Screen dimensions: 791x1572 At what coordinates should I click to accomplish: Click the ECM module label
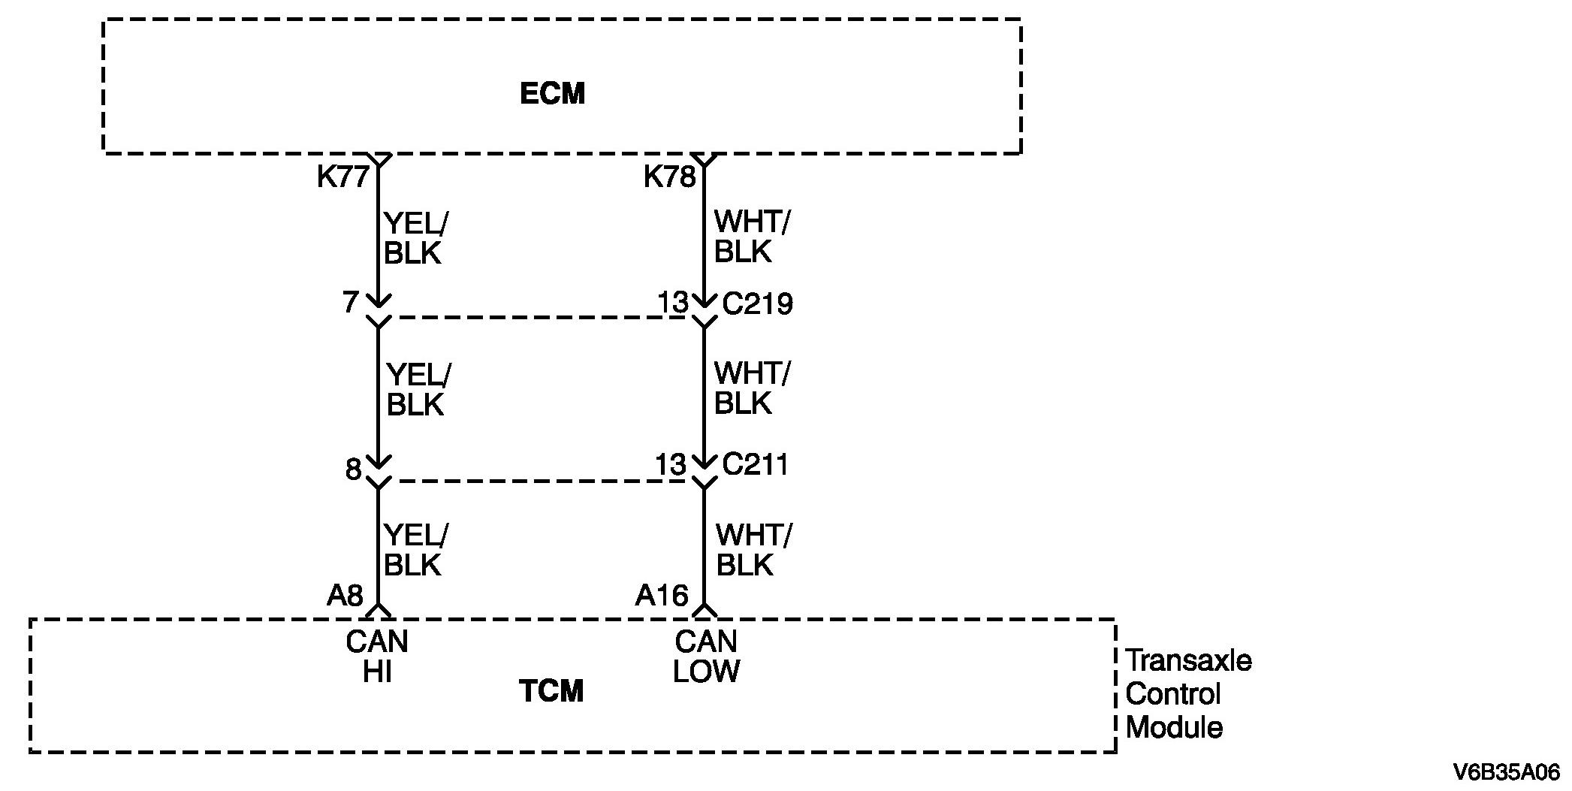pos(552,94)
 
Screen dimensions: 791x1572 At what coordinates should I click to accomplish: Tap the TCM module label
pos(551,691)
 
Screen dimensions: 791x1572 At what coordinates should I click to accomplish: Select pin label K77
pos(342,177)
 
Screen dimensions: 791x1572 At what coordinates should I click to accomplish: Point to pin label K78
pos(669,177)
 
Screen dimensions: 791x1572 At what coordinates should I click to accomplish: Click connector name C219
pos(757,304)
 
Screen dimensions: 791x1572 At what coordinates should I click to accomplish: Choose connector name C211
pos(755,465)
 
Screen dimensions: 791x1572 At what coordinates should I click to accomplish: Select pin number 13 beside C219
pos(673,303)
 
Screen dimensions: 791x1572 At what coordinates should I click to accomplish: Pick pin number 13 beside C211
pos(671,465)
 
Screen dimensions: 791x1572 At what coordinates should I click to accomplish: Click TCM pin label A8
pos(345,596)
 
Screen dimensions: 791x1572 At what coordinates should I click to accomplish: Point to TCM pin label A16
pos(662,596)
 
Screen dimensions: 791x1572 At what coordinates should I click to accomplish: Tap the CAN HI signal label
pos(377,657)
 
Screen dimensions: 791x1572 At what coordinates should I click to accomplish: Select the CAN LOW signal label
pos(705,657)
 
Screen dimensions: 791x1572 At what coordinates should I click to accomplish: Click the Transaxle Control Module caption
pos(1188,693)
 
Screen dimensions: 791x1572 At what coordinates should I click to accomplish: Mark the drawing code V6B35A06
pos(1506,771)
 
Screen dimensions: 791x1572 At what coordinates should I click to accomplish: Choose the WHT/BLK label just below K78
pos(751,237)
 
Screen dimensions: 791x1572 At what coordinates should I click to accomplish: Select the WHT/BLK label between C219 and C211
pos(751,388)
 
